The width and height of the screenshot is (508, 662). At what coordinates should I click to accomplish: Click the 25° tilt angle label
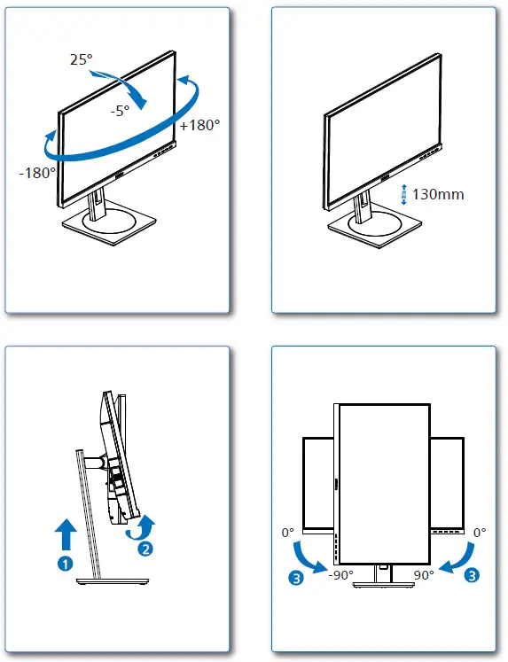[x=81, y=59]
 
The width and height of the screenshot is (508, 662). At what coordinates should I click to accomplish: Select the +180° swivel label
[x=199, y=126]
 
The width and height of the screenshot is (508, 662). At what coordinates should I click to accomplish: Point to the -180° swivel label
[x=37, y=172]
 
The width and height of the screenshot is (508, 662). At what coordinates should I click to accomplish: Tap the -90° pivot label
[x=340, y=575]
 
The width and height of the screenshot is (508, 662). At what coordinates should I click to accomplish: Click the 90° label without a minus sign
[x=423, y=575]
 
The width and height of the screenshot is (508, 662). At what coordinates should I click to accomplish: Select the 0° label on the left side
[x=286, y=533]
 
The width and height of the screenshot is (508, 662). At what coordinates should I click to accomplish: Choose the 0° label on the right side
[x=479, y=533]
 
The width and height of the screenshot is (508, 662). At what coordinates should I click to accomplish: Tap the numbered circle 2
[x=144, y=548]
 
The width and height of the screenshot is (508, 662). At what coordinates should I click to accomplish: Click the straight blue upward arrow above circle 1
[x=66, y=535]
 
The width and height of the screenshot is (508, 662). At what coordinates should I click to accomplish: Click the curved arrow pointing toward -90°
[x=309, y=554]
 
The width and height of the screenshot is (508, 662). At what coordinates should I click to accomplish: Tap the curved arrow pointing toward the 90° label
[x=456, y=555]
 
